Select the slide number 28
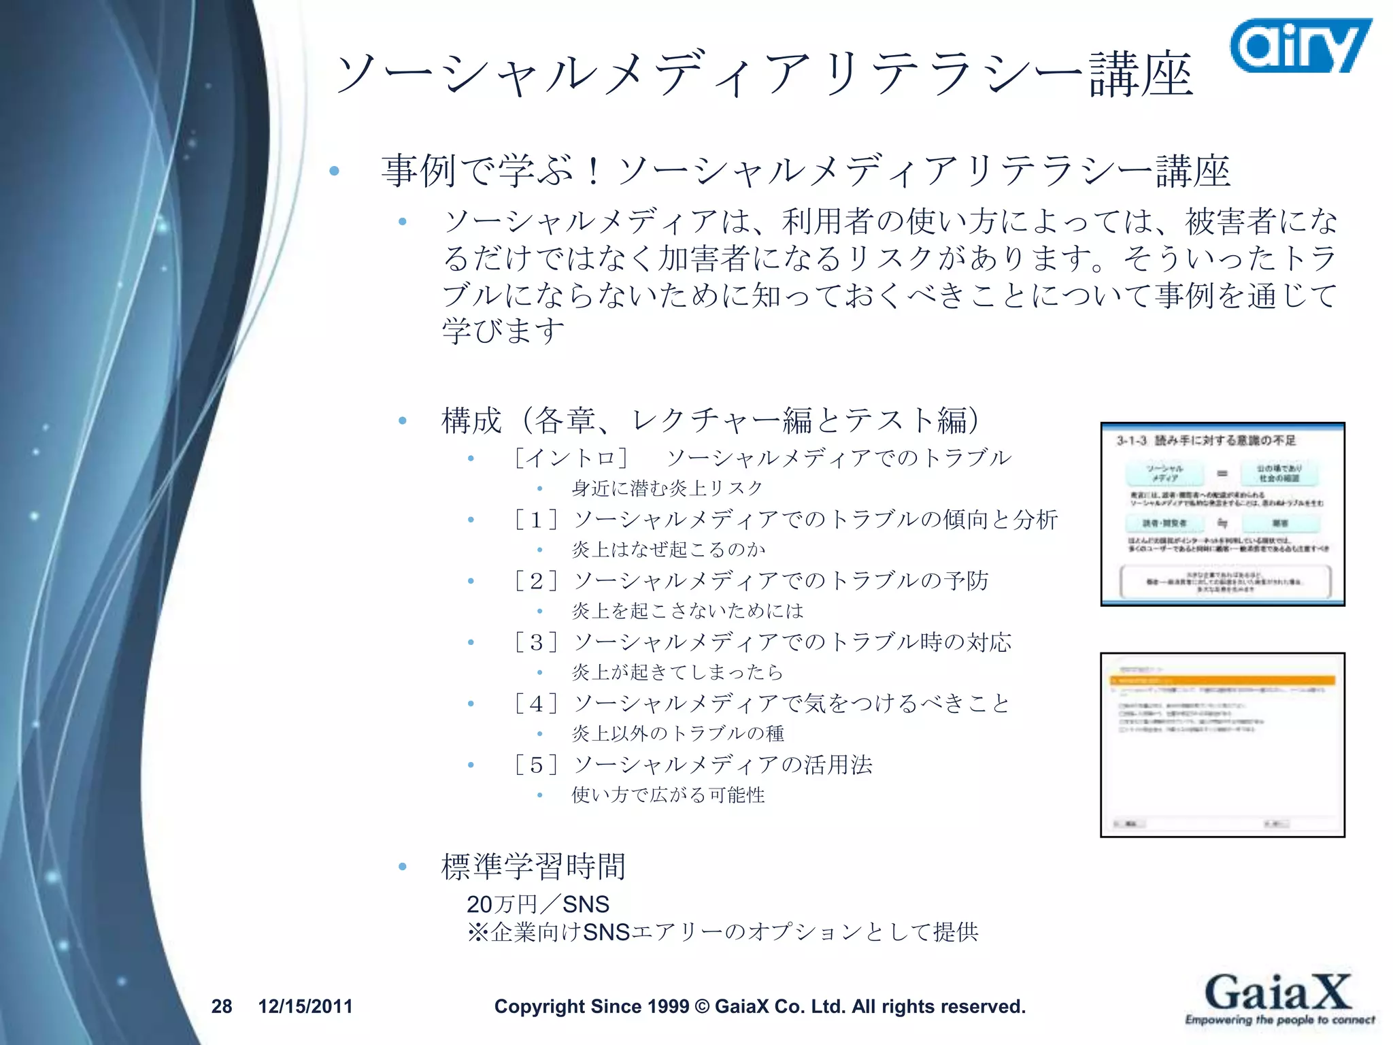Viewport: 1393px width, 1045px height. tap(222, 1006)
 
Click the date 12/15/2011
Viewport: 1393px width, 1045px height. tap(305, 1006)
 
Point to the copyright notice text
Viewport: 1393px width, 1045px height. tap(759, 1006)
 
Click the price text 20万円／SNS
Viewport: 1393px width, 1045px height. tap(537, 904)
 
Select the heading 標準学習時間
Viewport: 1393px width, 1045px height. tap(533, 867)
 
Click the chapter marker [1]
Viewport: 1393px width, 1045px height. tap(536, 520)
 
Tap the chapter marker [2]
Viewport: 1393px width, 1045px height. tap(536, 582)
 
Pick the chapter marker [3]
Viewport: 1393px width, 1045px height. tap(536, 643)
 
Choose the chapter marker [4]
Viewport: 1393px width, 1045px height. tap(536, 704)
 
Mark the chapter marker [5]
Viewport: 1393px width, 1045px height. tap(536, 765)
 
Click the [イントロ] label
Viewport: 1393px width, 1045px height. tap(571, 458)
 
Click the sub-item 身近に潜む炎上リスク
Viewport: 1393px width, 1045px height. tap(667, 488)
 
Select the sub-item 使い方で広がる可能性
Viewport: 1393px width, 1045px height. tap(668, 795)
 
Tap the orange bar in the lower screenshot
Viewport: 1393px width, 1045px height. tap(1222, 680)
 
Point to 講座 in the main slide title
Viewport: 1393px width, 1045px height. tap(1141, 75)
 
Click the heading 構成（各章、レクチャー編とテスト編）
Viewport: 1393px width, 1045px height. tap(710, 420)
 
